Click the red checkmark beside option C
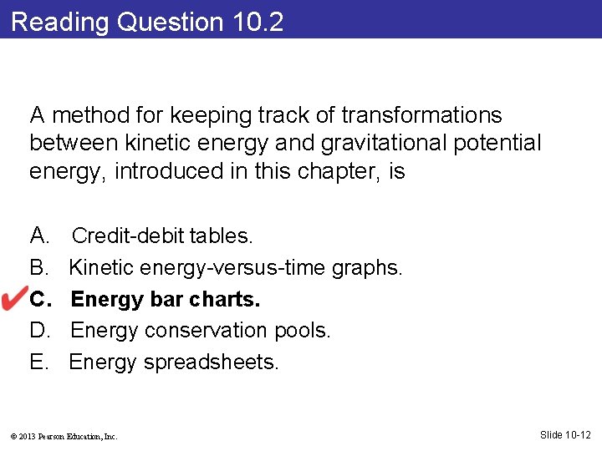[18, 298]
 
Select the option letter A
[38, 236]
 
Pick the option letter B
[38, 268]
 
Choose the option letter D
[39, 331]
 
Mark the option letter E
[38, 362]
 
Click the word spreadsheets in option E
[211, 362]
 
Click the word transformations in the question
[413, 114]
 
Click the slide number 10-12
[568, 434]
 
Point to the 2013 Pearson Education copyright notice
[64, 436]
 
